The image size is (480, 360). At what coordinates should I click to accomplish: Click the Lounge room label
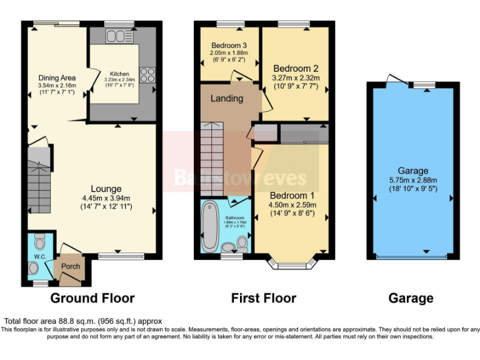pos(106,189)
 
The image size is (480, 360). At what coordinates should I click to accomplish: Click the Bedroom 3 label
pos(229,46)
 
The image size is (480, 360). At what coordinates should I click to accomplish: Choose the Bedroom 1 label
pos(292,195)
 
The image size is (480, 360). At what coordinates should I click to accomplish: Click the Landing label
pos(226,99)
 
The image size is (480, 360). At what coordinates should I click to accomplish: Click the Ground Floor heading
pos(92,298)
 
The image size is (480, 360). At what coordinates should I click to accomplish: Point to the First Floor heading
pos(264,298)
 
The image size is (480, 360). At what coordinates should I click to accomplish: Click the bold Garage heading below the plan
pos(411,298)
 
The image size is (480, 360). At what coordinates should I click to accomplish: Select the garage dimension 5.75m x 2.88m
pos(413,180)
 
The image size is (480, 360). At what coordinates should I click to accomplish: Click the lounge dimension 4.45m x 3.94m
pos(106,199)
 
